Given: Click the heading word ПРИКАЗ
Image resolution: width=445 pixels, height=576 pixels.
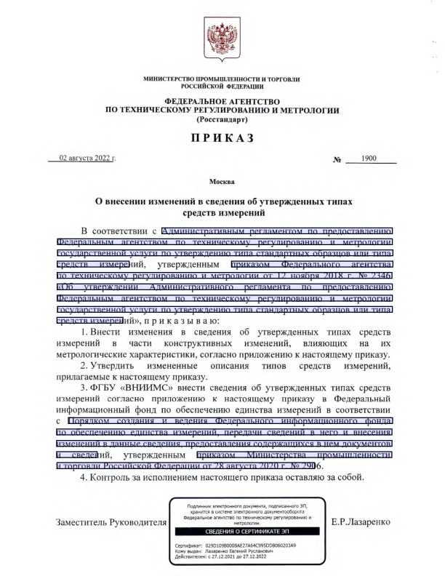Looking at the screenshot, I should pyautogui.click(x=222, y=138).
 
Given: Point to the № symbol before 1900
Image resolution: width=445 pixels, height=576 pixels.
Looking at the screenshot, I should pyautogui.click(x=337, y=159).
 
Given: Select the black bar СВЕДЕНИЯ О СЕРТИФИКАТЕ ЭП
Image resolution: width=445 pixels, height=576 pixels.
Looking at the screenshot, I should pyautogui.click(x=245, y=531).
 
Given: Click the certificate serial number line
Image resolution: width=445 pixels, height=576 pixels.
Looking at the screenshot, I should pyautogui.click(x=233, y=545).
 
